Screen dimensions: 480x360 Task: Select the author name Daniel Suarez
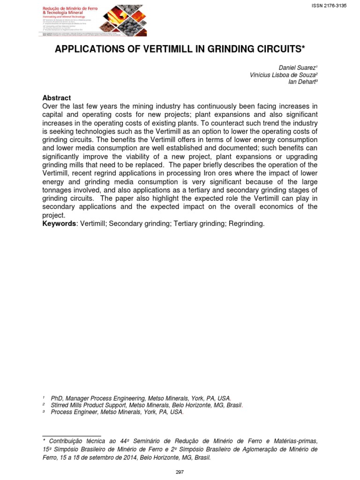[298, 68]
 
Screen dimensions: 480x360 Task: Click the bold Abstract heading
[57, 98]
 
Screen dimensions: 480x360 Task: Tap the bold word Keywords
[59, 224]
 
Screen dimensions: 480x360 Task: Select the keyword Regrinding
[247, 224]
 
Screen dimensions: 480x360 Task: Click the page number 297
[180, 472]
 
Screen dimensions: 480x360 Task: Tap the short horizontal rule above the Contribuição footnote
[72, 436]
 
